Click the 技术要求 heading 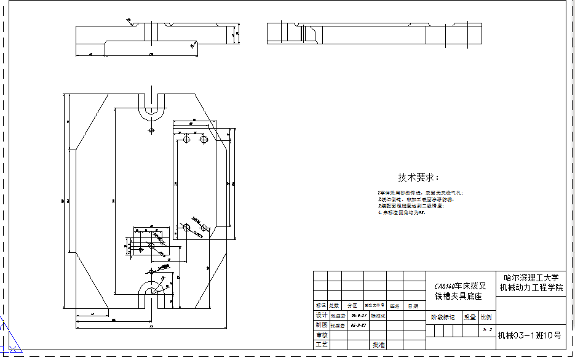tap(418, 177)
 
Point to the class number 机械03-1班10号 tap(529, 335)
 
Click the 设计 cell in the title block tap(321, 315)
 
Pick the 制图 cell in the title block tap(321, 325)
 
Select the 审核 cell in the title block tap(321, 335)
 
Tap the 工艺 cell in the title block tap(321, 345)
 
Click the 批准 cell tap(378, 345)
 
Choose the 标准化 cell tap(378, 315)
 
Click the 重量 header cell tap(470, 318)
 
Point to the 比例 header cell tap(486, 318)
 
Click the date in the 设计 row tap(359, 315)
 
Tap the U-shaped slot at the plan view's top tap(151, 108)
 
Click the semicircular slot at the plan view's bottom tap(151, 289)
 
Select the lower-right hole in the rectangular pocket tap(204, 228)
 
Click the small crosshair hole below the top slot tap(151, 131)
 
